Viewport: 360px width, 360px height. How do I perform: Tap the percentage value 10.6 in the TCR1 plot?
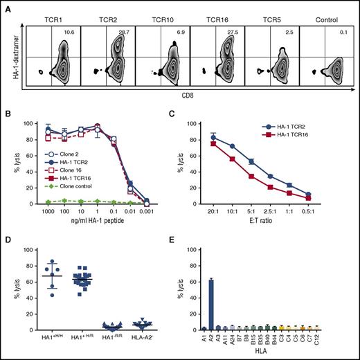[x=69, y=32]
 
